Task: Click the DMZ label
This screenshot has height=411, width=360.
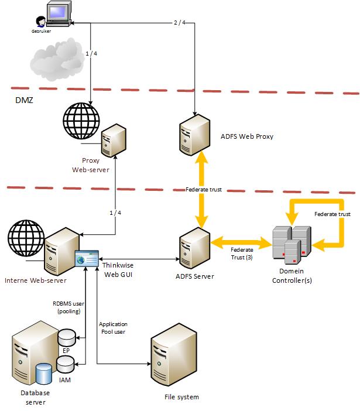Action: pyautogui.click(x=24, y=101)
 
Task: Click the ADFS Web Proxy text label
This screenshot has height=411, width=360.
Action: pyautogui.click(x=247, y=136)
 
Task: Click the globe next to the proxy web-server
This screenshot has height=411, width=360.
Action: pyautogui.click(x=83, y=121)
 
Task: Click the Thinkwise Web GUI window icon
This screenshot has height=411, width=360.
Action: pyautogui.click(x=86, y=258)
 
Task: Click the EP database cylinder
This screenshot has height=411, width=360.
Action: pyautogui.click(x=67, y=337)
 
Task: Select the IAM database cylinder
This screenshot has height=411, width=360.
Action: pyautogui.click(x=65, y=365)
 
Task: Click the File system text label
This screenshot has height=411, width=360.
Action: pyautogui.click(x=181, y=397)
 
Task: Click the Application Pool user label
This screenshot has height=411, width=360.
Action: pyautogui.click(x=113, y=327)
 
